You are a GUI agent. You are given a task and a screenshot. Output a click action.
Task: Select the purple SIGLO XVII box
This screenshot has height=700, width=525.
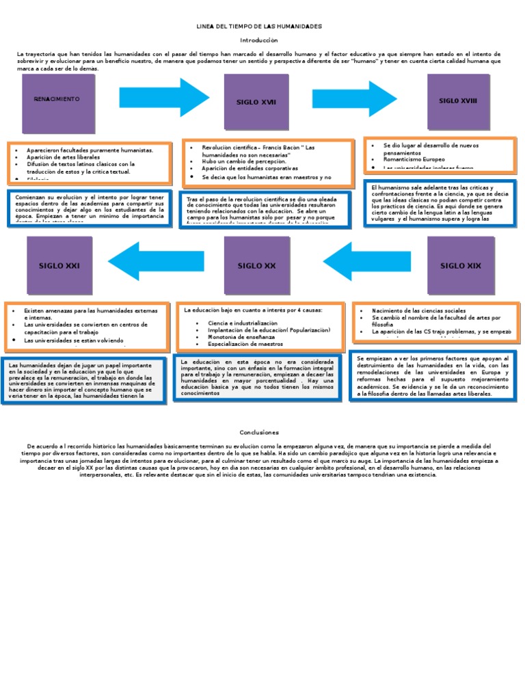coord(256,102)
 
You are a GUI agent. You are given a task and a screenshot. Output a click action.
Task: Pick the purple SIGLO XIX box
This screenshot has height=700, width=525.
coord(461,265)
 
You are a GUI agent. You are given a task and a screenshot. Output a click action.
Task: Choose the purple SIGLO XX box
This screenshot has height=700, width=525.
coord(256,265)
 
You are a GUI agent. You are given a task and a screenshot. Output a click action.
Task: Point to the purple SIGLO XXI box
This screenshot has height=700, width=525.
coord(59,265)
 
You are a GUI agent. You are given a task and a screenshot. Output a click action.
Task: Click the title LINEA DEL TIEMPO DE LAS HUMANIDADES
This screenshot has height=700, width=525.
coord(258,26)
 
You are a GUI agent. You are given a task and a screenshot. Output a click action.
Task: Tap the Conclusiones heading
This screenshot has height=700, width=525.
coord(260,432)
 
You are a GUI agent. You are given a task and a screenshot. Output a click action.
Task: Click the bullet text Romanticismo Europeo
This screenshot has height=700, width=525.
coord(414,159)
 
